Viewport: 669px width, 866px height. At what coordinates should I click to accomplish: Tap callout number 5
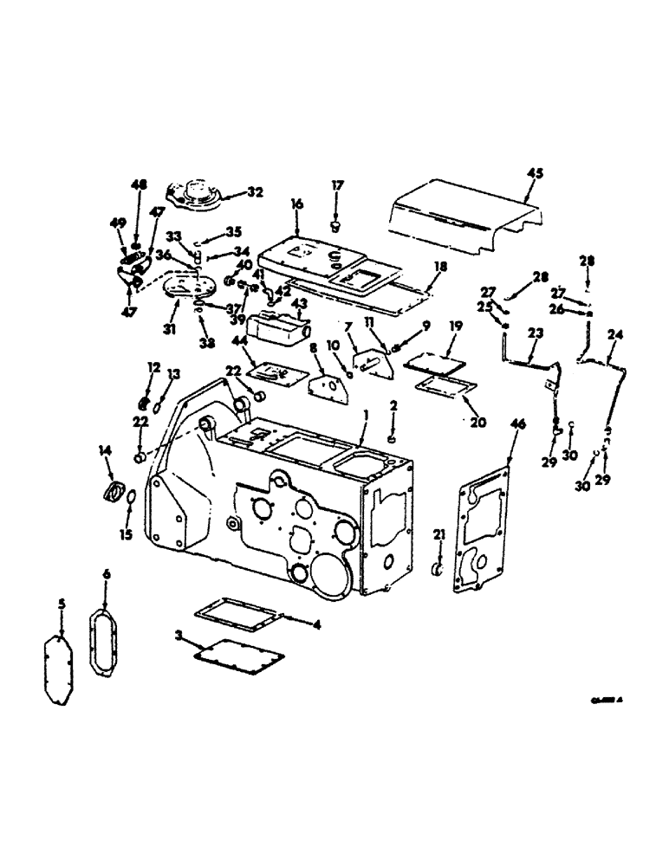(x=62, y=603)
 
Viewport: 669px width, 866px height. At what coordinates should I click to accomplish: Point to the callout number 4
(x=315, y=624)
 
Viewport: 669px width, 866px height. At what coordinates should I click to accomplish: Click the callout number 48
(x=135, y=184)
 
